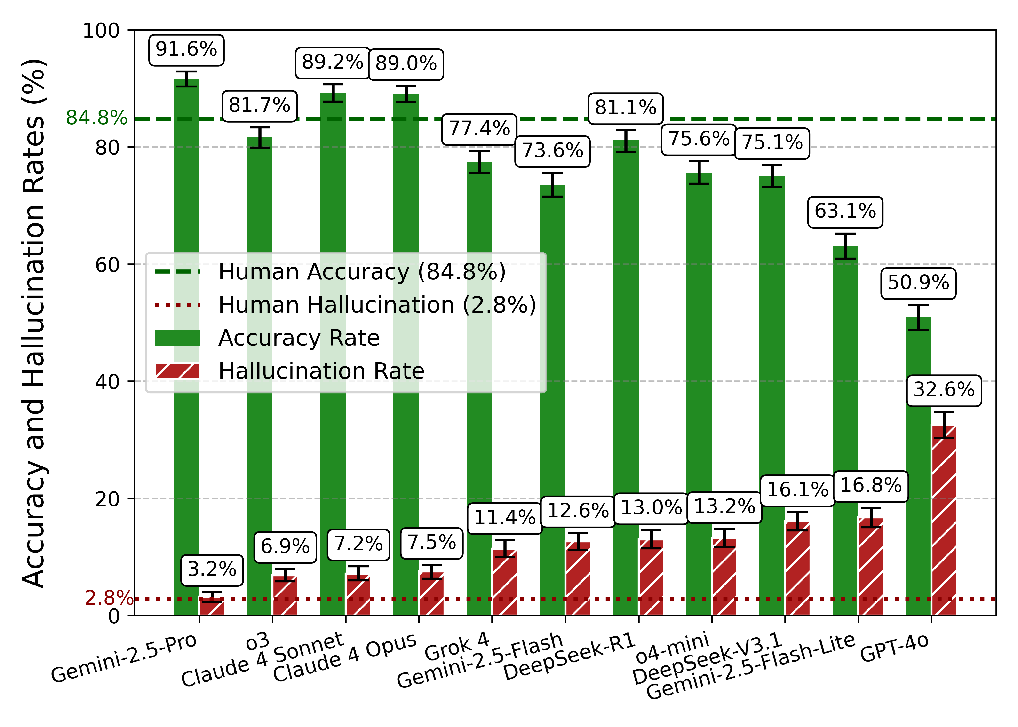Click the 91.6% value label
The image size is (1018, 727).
click(186, 49)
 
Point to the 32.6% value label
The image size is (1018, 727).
click(944, 390)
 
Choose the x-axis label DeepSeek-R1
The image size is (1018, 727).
click(569, 657)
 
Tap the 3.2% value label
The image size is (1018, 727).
click(212, 570)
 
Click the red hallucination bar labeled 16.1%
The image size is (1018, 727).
click(797, 569)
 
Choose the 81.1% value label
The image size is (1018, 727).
click(625, 108)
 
